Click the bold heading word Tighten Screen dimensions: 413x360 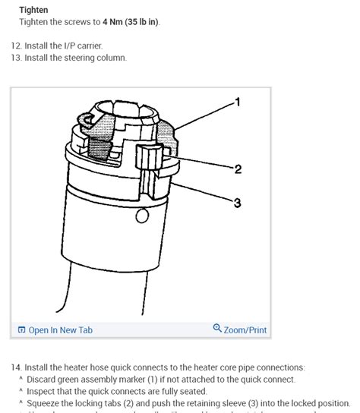(33, 10)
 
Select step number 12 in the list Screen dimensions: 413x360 (16, 46)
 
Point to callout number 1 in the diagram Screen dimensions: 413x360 (238, 102)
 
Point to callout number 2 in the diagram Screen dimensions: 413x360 (238, 169)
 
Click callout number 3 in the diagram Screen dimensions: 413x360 (238, 203)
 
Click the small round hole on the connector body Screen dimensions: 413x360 (141, 216)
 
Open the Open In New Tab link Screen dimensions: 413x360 (60, 329)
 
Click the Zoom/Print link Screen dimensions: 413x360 (245, 329)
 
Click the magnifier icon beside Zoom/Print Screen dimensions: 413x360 (217, 329)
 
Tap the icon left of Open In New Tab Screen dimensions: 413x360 (21, 329)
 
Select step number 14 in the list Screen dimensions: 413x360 (16, 367)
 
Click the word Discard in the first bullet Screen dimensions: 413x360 (43, 380)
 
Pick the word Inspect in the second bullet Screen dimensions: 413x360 (42, 391)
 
